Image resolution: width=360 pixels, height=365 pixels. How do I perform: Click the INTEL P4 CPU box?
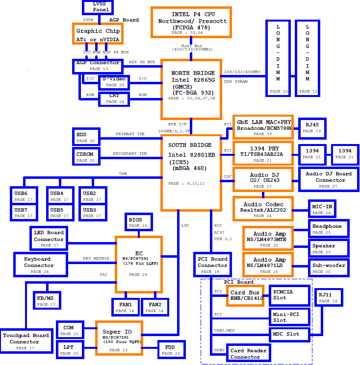(191, 22)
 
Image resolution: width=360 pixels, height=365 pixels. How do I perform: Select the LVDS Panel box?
(98, 7)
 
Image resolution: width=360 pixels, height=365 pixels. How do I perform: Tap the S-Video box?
(114, 82)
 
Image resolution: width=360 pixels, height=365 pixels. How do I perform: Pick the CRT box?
(114, 99)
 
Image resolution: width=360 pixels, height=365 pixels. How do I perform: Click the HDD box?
(86, 137)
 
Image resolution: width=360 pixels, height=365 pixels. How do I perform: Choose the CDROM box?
(86, 156)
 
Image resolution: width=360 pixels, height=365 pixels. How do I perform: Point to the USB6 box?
(24, 195)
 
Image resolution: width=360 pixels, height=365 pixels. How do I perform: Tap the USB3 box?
(93, 212)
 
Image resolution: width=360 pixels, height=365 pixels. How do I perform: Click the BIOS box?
(139, 222)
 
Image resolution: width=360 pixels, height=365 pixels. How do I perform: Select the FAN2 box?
(155, 307)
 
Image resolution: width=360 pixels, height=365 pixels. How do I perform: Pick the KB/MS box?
(47, 300)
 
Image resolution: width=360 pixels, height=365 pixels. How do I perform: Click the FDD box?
(172, 350)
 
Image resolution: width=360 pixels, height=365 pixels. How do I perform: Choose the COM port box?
(70, 330)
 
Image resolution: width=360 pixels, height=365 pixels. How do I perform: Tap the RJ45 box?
(312, 128)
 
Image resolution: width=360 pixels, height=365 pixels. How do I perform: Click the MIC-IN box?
(322, 209)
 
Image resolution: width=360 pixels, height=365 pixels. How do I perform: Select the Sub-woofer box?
(329, 268)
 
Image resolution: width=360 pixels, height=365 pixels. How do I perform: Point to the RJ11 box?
(329, 297)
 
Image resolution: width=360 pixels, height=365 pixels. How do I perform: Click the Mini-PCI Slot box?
(290, 317)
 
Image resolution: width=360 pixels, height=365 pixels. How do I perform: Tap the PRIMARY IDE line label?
(130, 134)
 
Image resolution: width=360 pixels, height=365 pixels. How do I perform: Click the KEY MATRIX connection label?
(96, 258)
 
